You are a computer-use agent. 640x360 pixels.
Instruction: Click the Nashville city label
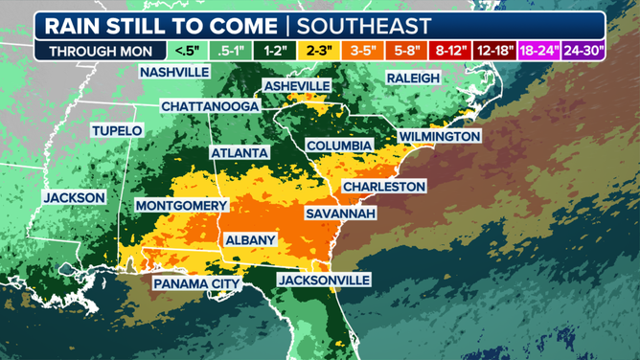174,73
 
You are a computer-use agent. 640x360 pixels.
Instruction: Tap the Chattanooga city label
209,105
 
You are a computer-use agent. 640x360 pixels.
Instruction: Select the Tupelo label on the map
116,130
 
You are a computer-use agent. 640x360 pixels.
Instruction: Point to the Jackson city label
74,197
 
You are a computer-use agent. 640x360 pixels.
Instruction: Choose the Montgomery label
181,206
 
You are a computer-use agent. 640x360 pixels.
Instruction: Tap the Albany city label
249,240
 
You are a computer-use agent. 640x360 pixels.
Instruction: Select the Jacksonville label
323,280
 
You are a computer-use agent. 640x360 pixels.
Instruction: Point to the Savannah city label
340,214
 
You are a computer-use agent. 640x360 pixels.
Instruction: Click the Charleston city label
383,186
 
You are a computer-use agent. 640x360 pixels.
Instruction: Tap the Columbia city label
338,146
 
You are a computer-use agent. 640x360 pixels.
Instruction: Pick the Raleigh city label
413,78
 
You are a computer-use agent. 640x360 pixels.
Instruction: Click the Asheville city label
296,86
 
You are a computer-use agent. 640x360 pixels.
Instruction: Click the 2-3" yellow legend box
320,51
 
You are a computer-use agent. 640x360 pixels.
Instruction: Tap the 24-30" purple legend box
583,51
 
